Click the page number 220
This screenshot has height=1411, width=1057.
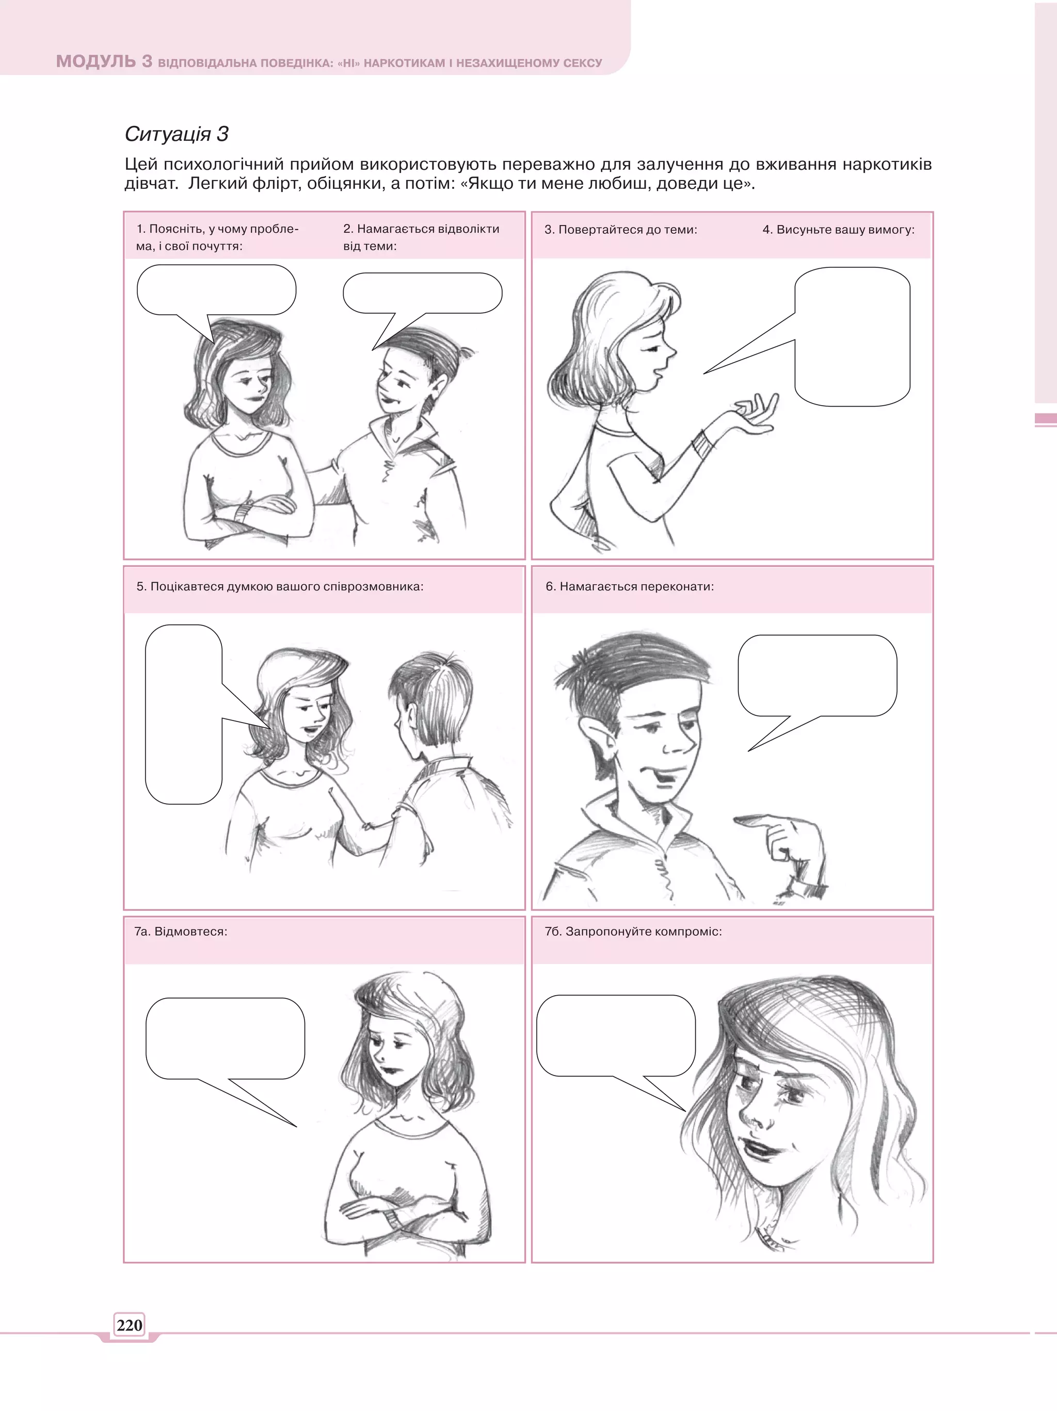point(130,1325)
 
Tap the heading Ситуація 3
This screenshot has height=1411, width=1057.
point(176,134)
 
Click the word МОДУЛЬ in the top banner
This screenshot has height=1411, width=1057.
point(95,61)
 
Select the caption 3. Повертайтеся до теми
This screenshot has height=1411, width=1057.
point(621,230)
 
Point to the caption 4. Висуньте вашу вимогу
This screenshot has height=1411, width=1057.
point(838,230)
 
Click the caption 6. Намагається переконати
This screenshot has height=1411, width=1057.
point(630,586)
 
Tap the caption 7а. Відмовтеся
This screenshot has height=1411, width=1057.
point(181,932)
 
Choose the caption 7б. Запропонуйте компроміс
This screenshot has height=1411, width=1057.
point(633,932)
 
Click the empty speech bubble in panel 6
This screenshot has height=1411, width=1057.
point(816,676)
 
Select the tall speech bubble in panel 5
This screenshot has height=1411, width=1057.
point(184,714)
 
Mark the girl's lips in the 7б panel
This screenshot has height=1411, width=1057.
point(760,1148)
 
